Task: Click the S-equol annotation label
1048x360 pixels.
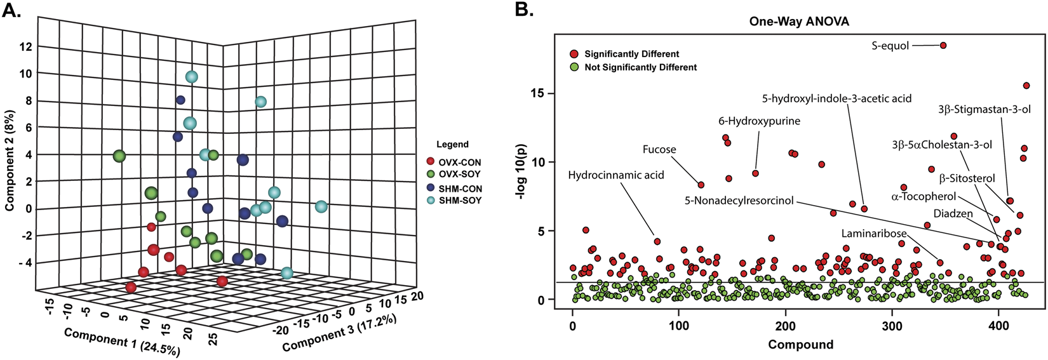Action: tap(891, 46)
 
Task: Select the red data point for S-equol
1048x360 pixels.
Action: tap(943, 45)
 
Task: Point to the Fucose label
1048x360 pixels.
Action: tap(659, 150)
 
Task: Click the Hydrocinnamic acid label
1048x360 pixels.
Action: tap(615, 175)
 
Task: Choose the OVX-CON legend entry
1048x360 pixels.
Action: tap(460, 163)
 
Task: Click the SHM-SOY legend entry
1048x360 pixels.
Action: tap(460, 201)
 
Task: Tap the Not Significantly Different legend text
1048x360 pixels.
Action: tap(640, 67)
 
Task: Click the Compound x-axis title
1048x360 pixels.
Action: tap(800, 345)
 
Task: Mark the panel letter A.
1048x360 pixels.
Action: tap(12, 11)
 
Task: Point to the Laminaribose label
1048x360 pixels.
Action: tap(874, 234)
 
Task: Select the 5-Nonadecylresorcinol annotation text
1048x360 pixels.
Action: tap(739, 201)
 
